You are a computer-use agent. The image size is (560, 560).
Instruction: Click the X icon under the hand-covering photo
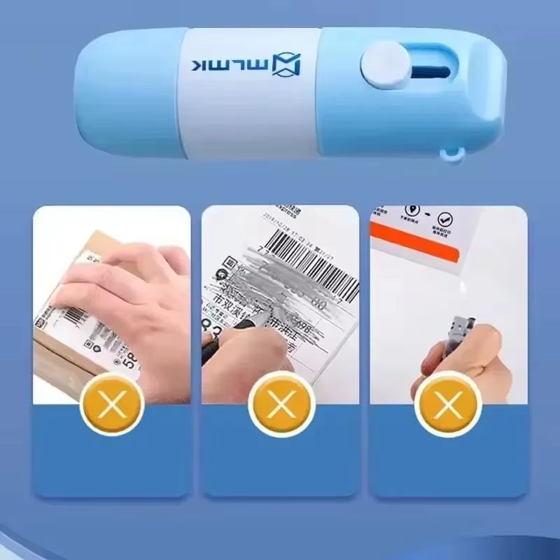pyautogui.click(x=112, y=403)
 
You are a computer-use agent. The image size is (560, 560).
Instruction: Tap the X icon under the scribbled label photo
pyautogui.click(x=280, y=403)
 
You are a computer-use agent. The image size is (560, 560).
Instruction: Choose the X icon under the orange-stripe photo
pyautogui.click(x=448, y=403)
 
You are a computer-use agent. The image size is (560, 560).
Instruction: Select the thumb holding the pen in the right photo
pyautogui.click(x=483, y=350)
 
